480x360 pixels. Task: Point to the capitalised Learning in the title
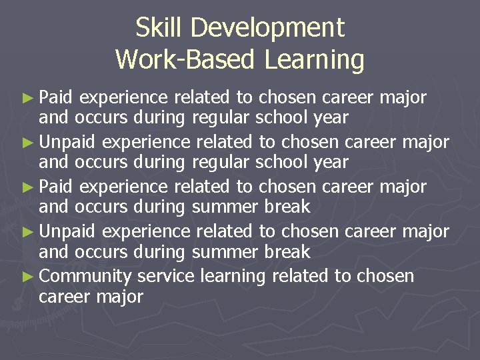point(314,60)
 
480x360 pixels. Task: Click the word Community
point(86,276)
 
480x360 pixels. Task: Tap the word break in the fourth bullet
point(286,252)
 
